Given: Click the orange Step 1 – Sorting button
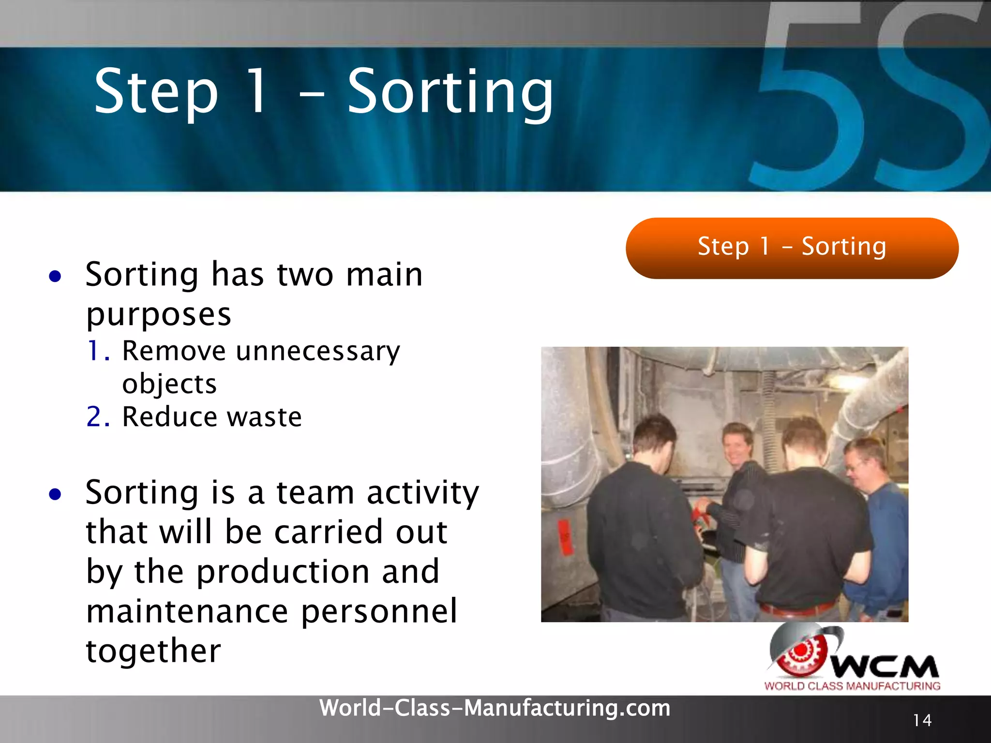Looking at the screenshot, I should pyautogui.click(x=792, y=248).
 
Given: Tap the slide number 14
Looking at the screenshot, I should pyautogui.click(x=922, y=720).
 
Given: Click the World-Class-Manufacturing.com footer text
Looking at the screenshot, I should pyautogui.click(x=495, y=708).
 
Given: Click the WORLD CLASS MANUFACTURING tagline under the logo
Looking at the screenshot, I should pyautogui.click(x=852, y=686).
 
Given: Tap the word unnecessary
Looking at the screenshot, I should pyautogui.click(x=318, y=351).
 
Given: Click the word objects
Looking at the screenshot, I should pyautogui.click(x=169, y=385).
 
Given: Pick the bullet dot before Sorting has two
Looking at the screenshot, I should pyautogui.click(x=55, y=276).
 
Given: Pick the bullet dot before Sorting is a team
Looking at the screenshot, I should pyautogui.click(x=55, y=494).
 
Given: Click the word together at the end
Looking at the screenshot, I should pyautogui.click(x=153, y=651).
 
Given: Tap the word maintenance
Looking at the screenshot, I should pyautogui.click(x=187, y=611).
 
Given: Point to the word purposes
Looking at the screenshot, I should pyautogui.click(x=159, y=315).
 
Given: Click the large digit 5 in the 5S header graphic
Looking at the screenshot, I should pyautogui.click(x=808, y=111).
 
